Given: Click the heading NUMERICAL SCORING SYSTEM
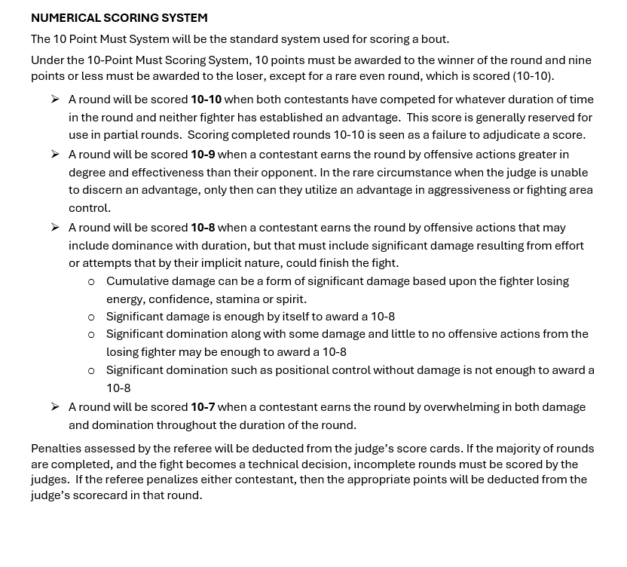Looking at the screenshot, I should [x=119, y=17].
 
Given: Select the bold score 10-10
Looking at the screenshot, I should [x=206, y=100].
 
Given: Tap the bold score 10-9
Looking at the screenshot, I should [x=203, y=155].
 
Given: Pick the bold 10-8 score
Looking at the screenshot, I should [x=203, y=228].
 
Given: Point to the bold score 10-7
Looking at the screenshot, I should [x=203, y=407].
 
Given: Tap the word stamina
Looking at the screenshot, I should [x=233, y=299].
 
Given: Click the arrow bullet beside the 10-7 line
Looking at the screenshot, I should [x=55, y=407].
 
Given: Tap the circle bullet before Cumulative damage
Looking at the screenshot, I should [x=91, y=282].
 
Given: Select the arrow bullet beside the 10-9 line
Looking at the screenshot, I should [x=55, y=155].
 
